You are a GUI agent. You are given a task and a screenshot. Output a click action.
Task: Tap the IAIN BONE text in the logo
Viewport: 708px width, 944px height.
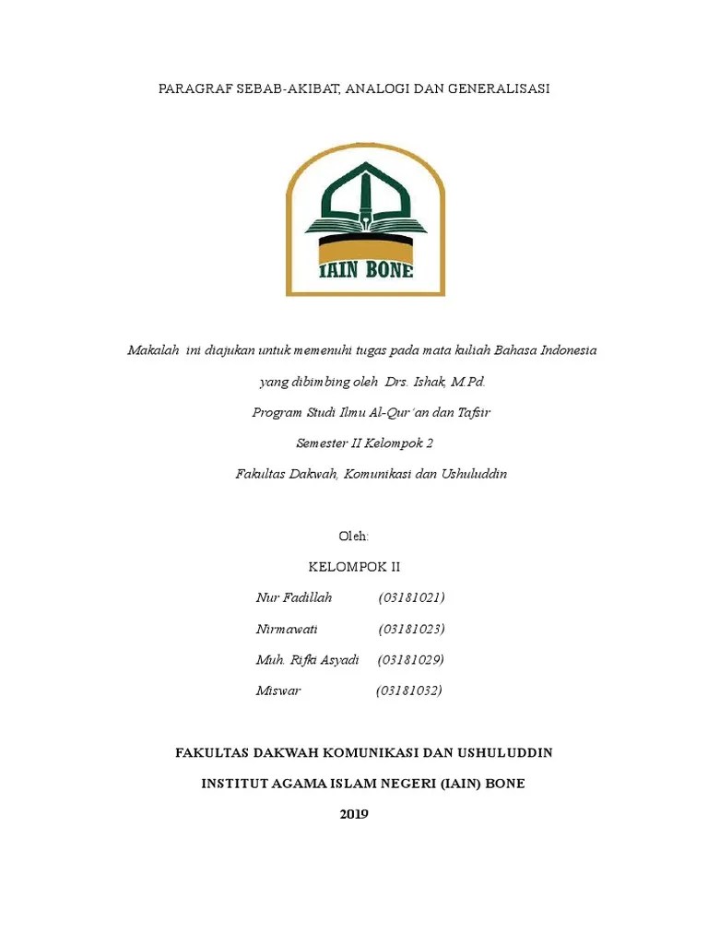(x=365, y=269)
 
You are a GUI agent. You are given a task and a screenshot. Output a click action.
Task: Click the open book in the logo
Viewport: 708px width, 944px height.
(x=365, y=225)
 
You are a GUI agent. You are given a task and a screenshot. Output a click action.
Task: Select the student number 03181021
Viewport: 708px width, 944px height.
(x=411, y=598)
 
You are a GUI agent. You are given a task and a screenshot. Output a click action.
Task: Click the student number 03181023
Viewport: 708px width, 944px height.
(x=411, y=630)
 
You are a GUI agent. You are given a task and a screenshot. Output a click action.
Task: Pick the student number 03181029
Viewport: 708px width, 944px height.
(x=411, y=660)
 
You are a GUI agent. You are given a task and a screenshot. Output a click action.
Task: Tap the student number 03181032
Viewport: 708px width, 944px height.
(x=408, y=690)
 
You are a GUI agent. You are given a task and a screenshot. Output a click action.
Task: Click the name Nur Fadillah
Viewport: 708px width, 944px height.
(x=293, y=598)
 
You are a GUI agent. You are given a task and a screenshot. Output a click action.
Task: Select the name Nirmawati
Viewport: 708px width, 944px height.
(x=287, y=630)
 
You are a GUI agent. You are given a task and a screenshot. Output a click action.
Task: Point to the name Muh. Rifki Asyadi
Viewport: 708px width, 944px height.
(x=307, y=660)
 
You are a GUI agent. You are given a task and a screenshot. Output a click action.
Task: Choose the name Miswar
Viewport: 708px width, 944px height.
(x=278, y=690)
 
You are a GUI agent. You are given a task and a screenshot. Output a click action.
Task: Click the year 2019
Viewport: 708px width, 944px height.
(x=354, y=814)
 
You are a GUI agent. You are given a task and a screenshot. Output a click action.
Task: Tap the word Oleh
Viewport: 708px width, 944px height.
(x=355, y=537)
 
